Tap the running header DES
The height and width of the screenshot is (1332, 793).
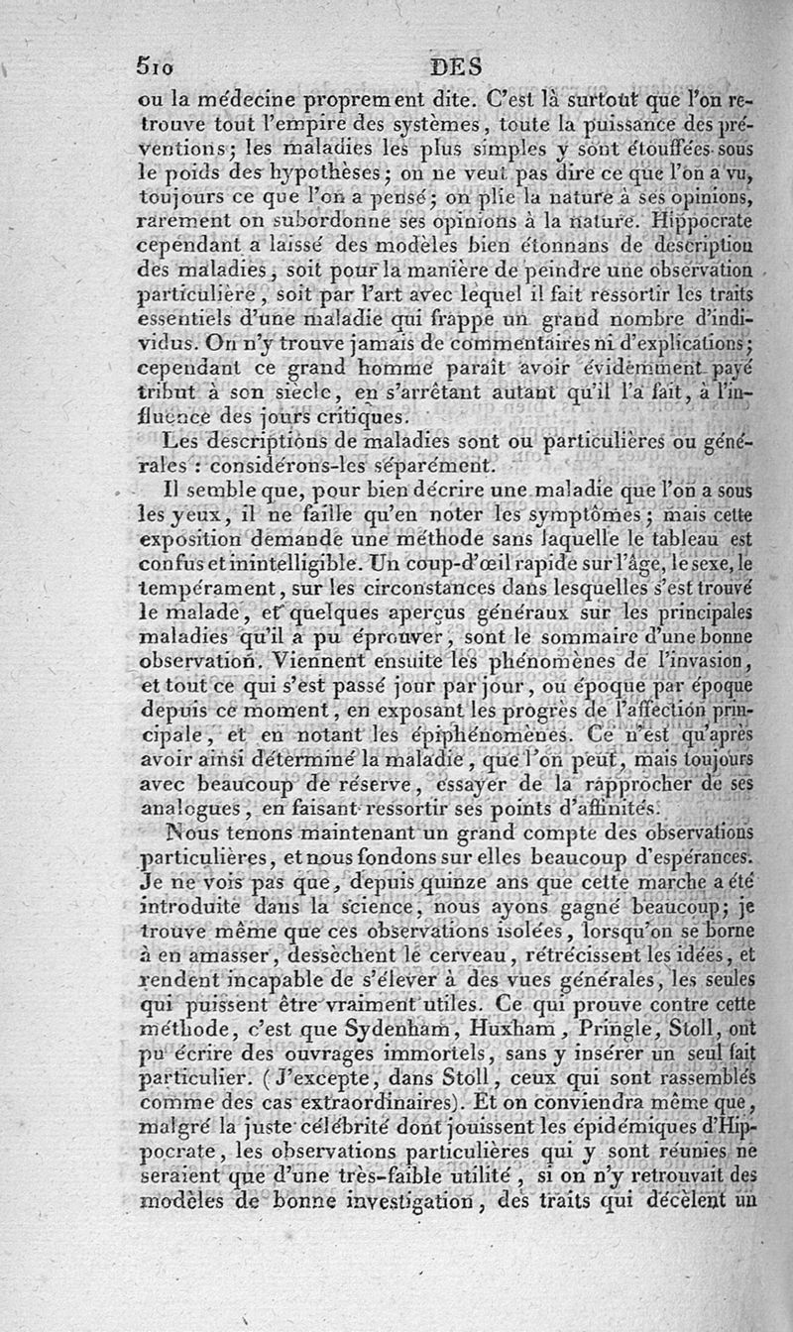(456, 67)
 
